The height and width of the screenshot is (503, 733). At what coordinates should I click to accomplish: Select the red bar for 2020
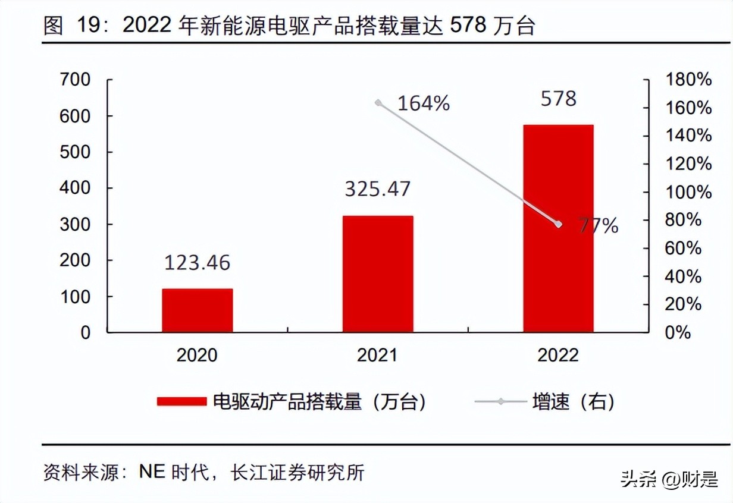click(x=198, y=310)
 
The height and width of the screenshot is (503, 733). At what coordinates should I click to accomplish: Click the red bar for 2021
click(x=378, y=273)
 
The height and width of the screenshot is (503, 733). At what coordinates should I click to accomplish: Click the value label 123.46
click(x=198, y=262)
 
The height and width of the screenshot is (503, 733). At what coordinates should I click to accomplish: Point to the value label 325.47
click(x=378, y=188)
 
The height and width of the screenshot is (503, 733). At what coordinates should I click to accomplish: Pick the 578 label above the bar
click(x=558, y=98)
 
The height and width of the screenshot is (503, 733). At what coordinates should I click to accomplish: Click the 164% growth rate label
click(x=424, y=103)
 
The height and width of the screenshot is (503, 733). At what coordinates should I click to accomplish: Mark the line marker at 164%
click(x=378, y=102)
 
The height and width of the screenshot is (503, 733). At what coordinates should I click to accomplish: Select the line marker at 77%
click(x=558, y=224)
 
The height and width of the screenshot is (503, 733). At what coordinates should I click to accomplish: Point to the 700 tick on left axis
click(x=76, y=80)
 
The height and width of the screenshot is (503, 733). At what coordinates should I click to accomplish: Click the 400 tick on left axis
click(x=76, y=188)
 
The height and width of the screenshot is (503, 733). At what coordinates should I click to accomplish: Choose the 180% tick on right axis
click(x=688, y=80)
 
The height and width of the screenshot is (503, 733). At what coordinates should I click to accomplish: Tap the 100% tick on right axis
click(x=688, y=192)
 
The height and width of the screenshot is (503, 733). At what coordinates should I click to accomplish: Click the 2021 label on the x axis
click(x=377, y=356)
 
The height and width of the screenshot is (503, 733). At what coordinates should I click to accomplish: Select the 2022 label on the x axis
click(x=558, y=356)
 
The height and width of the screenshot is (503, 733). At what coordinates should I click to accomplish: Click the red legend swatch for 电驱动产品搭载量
click(x=181, y=402)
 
